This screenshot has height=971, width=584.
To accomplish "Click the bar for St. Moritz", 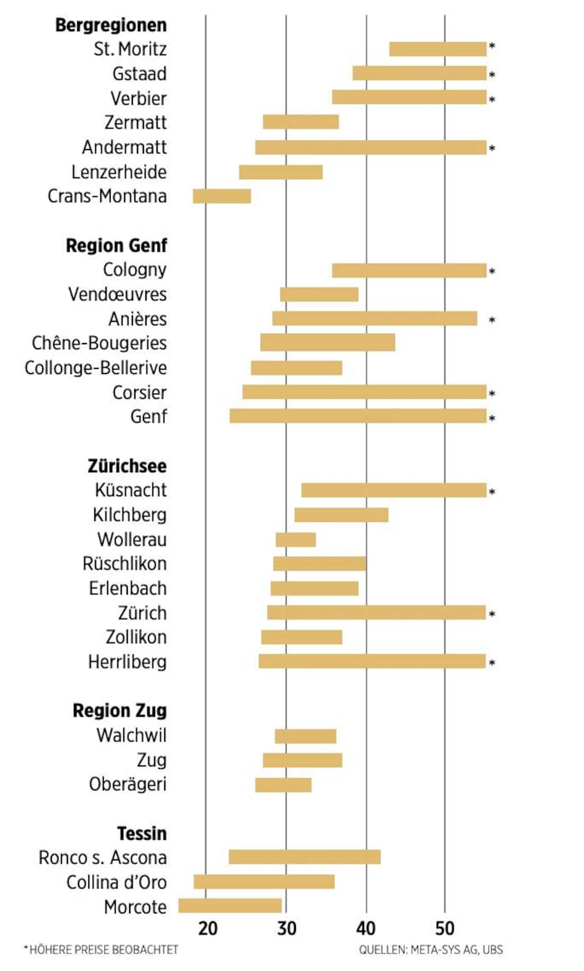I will coord(437,49).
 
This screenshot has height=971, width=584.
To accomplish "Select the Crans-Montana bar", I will coord(221,196).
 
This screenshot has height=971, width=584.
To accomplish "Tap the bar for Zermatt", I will coord(300,122).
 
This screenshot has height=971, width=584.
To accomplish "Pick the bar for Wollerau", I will coord(295,540).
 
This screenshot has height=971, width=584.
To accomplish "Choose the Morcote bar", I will coord(230,906).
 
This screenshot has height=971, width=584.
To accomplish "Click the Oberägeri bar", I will coord(283,785).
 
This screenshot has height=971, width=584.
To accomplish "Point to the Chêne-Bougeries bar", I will coord(327,342).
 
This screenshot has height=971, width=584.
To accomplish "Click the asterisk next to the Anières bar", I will coord(492,320).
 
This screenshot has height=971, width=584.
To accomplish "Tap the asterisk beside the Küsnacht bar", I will coord(492,492).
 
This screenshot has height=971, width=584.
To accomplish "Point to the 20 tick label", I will coord(208,928).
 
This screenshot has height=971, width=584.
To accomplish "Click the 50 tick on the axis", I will coord(445,928).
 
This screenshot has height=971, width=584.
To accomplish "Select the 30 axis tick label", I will coord(286,928).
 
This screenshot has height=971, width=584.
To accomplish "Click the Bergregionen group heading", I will coord(111,25).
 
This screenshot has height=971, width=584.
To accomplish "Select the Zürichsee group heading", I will coord(127,466).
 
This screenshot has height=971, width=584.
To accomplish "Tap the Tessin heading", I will coord(141,833).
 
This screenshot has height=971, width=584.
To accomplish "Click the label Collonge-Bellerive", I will coord(95,368).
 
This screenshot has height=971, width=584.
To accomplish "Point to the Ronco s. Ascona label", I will coord(103,857).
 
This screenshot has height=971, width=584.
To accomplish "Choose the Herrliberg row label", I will coord(127,662).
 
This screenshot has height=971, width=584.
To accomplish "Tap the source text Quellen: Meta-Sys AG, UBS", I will coord(431,950).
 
